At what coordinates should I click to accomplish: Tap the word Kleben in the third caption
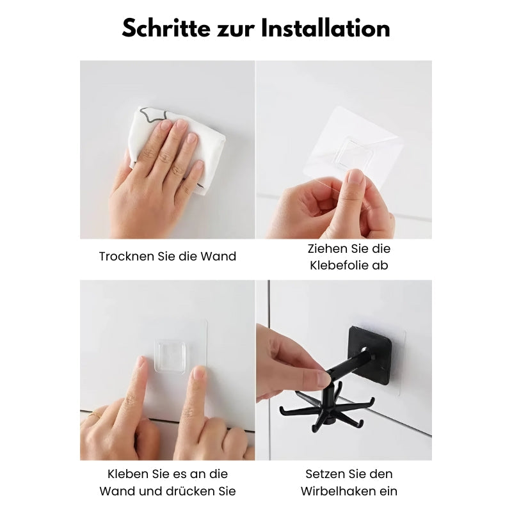click(x=125, y=474)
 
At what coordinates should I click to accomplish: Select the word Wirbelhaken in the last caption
click(x=349, y=491)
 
